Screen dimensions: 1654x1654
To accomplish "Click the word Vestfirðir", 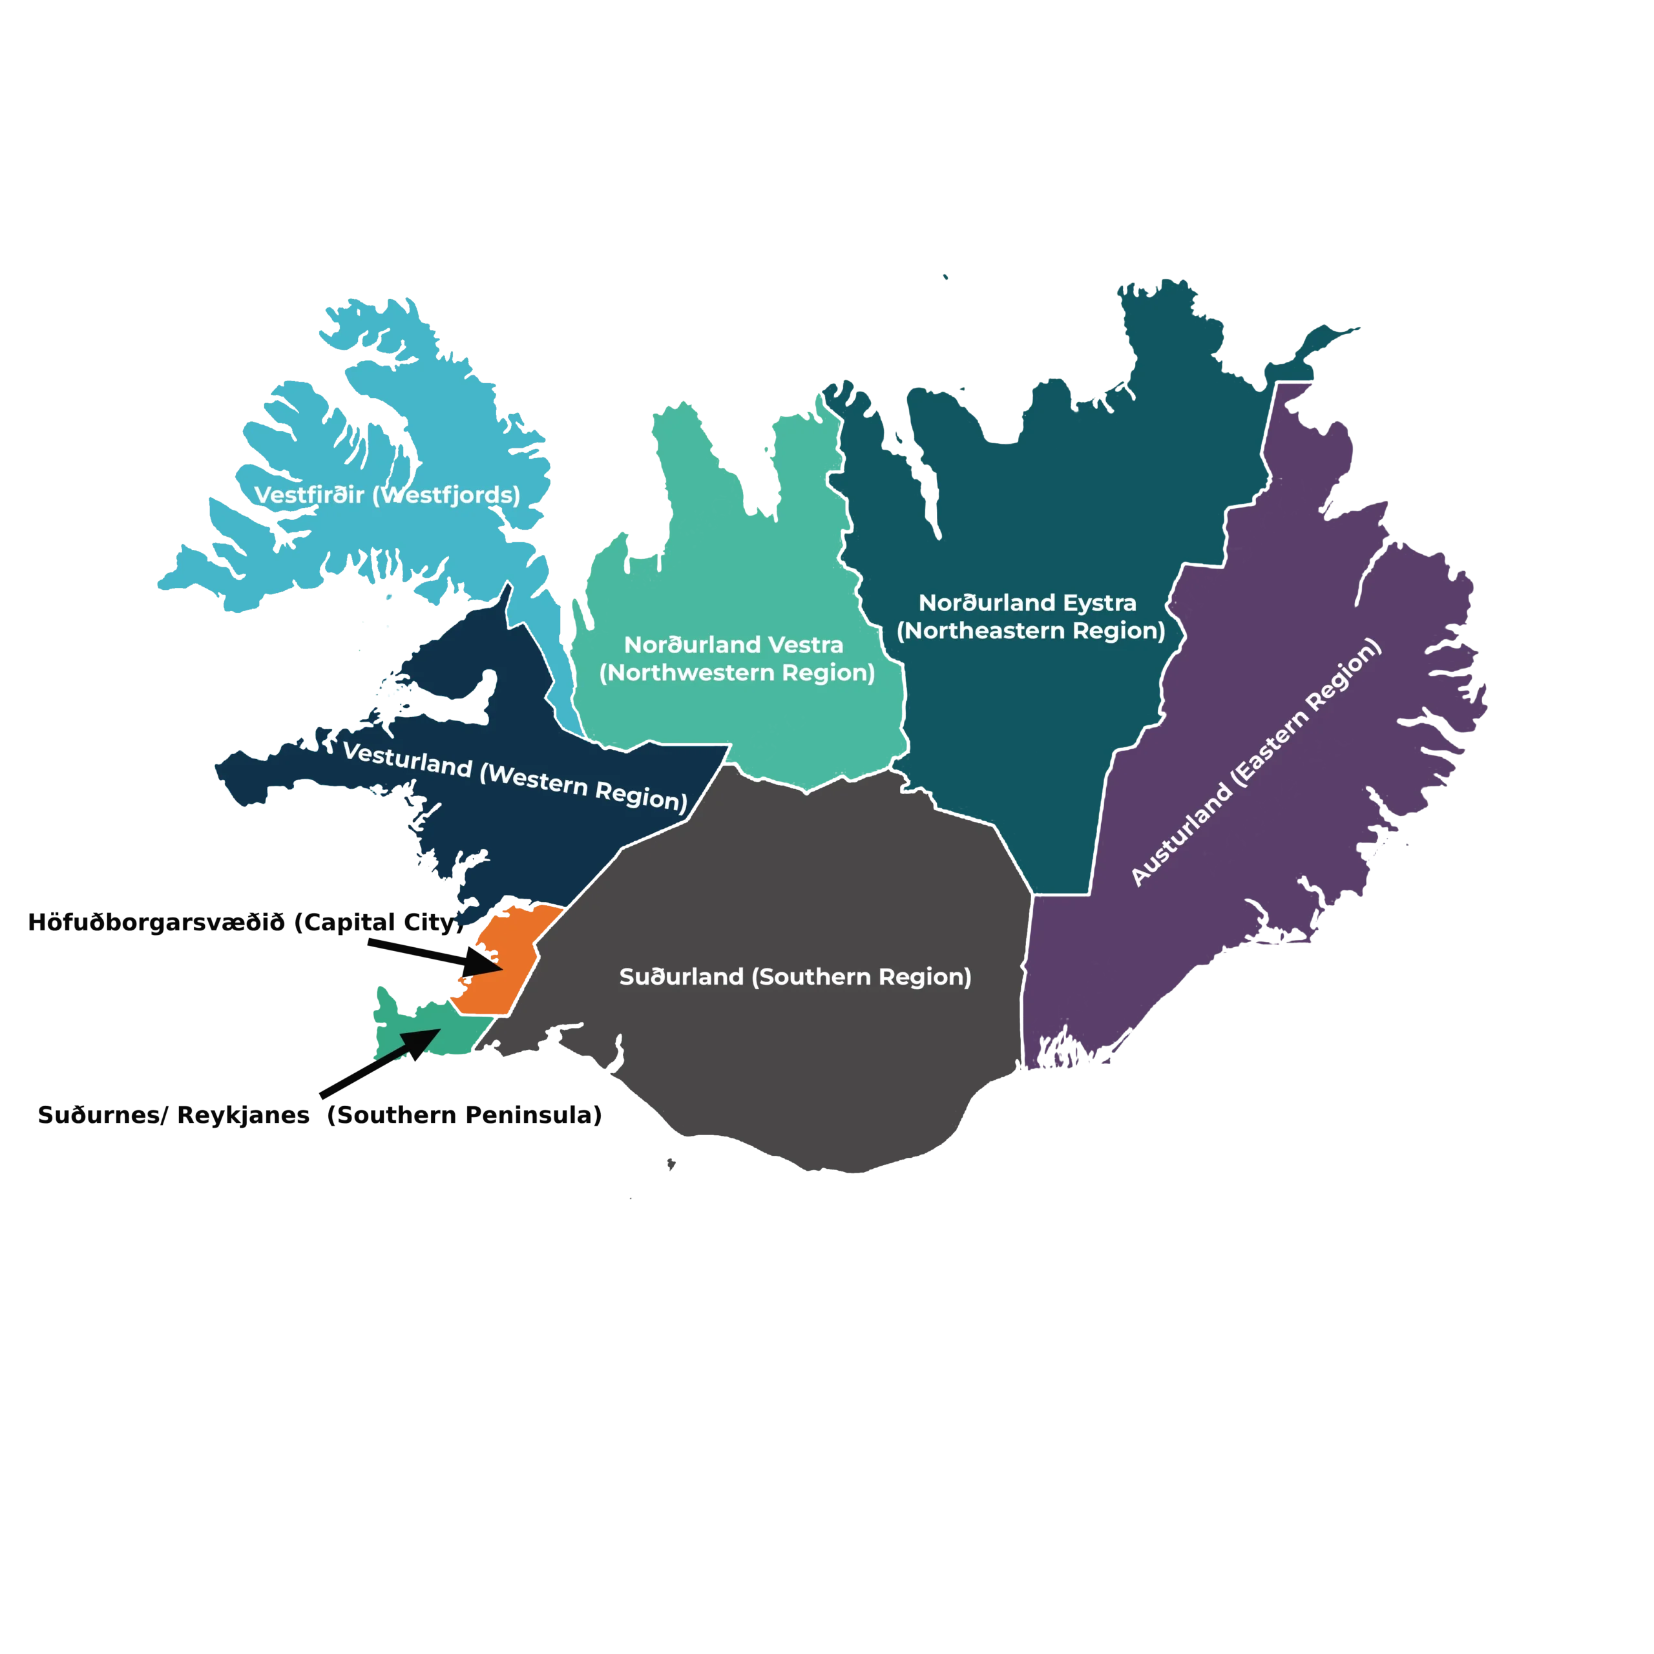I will [x=309, y=495].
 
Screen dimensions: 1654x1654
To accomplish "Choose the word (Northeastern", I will [x=983, y=631].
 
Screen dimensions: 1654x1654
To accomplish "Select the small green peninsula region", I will [x=403, y=1032].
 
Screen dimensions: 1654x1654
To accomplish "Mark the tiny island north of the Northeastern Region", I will [x=945, y=277].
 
